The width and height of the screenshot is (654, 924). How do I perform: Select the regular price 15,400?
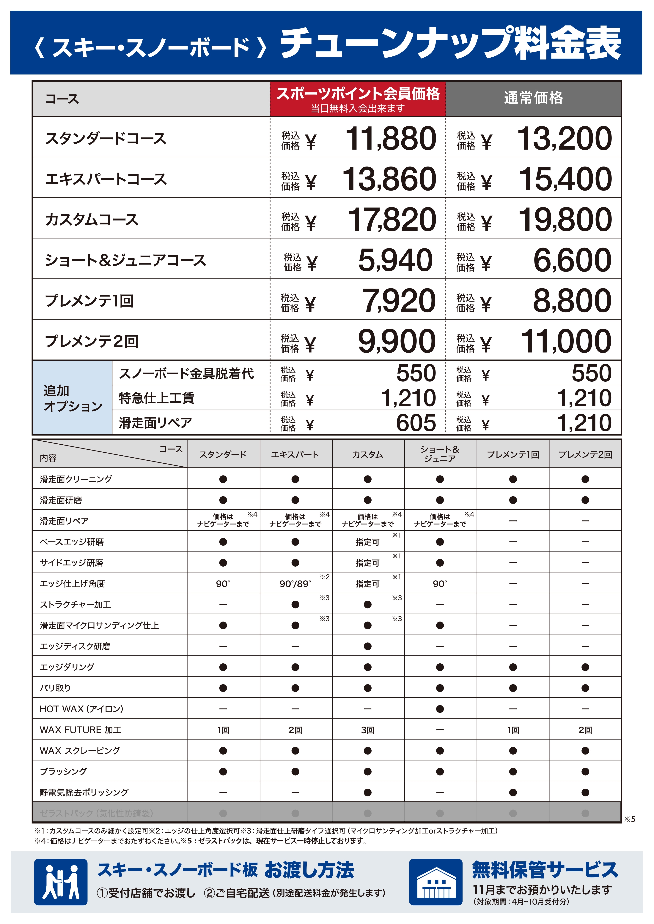(565, 179)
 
